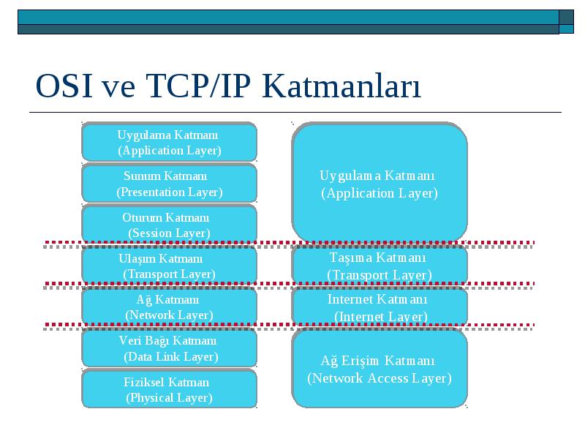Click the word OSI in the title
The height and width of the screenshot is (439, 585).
[64, 86]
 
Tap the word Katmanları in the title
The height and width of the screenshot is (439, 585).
[341, 86]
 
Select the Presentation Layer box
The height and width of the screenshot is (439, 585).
[170, 184]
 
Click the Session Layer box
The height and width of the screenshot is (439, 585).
[170, 225]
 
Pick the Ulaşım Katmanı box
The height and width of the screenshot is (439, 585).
[170, 266]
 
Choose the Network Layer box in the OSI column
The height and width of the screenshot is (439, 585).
[170, 307]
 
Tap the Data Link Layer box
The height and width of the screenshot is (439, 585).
[170, 348]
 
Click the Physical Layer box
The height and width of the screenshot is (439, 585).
[170, 389]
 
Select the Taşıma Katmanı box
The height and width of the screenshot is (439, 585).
[380, 266]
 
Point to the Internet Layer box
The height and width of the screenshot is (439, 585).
[380, 307]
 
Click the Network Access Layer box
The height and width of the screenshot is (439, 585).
[380, 369]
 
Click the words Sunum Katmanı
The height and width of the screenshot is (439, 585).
[165, 176]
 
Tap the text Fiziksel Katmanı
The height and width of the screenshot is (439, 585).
[167, 382]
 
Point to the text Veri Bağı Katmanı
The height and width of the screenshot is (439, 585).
[167, 341]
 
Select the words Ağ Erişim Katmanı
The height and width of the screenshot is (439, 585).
[377, 361]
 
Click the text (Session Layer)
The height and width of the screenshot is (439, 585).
[170, 233]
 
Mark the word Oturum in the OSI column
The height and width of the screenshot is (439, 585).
[142, 217]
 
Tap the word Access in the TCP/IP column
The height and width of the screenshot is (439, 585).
[388, 378]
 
